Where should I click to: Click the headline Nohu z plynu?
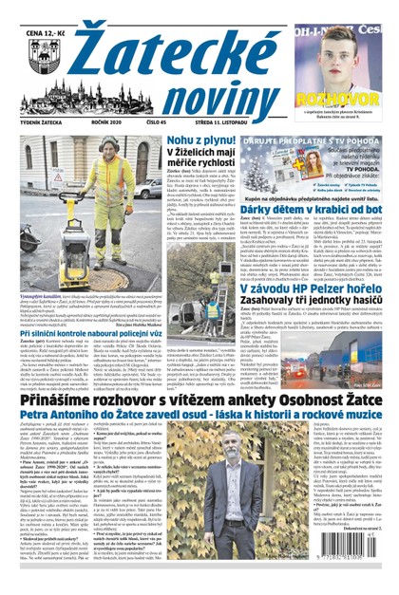[201, 141]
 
